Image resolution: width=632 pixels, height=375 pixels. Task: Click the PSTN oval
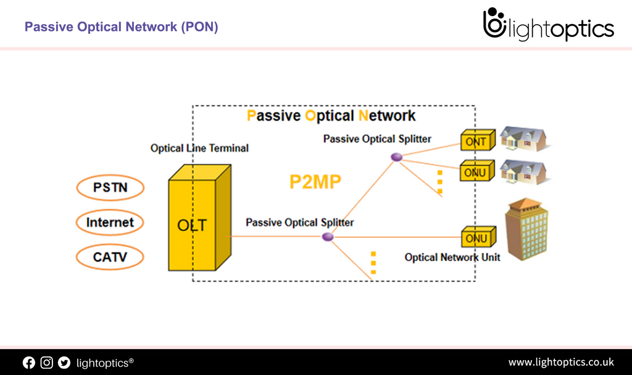(x=110, y=187)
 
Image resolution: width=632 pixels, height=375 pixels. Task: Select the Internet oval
(x=110, y=223)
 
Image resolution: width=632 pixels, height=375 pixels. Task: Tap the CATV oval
(x=110, y=257)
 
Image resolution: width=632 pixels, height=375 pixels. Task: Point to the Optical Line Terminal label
(x=199, y=148)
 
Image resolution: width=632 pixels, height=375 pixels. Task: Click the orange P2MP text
(x=315, y=181)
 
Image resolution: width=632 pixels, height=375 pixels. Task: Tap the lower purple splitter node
(x=328, y=237)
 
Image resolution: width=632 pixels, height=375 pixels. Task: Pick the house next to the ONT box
(x=524, y=139)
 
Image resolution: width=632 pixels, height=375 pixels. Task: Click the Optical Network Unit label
(x=452, y=257)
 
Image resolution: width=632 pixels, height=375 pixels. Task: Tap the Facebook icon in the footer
(x=29, y=363)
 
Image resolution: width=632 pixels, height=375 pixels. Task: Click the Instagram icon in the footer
(x=47, y=363)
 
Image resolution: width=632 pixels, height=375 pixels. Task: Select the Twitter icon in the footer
(x=64, y=363)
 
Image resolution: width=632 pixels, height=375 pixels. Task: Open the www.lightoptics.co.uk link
(x=560, y=362)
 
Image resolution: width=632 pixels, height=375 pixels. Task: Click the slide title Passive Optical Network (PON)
(x=121, y=27)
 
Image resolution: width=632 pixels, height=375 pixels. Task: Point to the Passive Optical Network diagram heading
(x=331, y=116)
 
